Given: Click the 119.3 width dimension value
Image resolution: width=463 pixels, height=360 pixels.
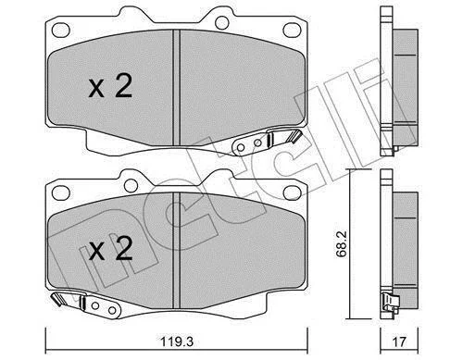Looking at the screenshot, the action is pos(177,341).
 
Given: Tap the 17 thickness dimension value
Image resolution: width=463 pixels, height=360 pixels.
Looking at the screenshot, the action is pos(400,341).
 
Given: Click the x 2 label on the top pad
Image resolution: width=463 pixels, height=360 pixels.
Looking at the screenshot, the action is pos(110,86).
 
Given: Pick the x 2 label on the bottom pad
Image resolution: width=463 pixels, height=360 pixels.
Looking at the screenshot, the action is pos(110,249).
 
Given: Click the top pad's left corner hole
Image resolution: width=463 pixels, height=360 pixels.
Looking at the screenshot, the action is pos(60,30).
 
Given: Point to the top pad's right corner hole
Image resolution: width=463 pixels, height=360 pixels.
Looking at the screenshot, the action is pos(292,30).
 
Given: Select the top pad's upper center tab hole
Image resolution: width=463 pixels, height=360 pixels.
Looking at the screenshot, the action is pos(221,22).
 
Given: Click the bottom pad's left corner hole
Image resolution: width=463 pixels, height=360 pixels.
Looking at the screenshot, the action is pos(60,192).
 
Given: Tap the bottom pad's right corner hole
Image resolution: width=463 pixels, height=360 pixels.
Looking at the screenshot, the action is pos(292,192).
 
